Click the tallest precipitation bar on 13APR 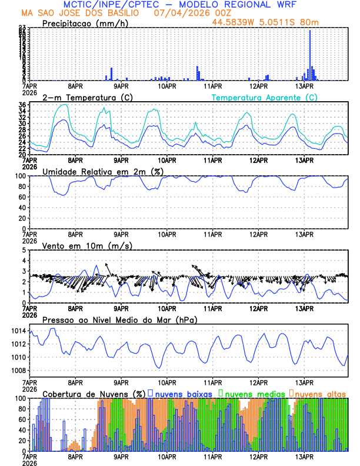(310, 55)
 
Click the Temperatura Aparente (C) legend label (264, 97)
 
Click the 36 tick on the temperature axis (21, 105)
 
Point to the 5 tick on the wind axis (24, 250)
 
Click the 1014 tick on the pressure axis (16, 331)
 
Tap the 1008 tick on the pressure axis (16, 370)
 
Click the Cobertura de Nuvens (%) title (94, 393)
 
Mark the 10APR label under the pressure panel (167, 381)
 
